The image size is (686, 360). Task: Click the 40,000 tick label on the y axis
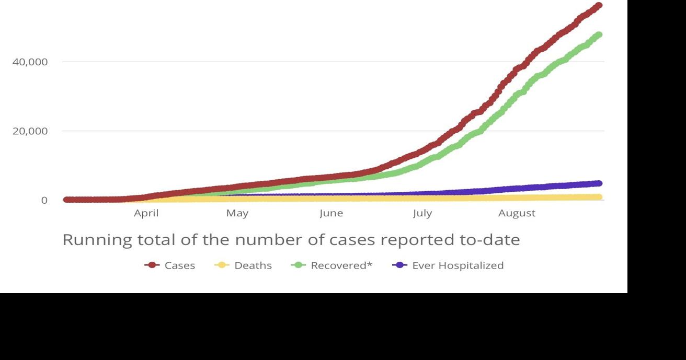click(30, 62)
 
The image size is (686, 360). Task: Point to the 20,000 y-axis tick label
click(30, 131)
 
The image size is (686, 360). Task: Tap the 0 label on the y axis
click(44, 201)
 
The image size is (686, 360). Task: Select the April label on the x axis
click(146, 213)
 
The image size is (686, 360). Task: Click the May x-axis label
click(237, 213)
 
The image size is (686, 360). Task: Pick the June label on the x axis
click(331, 213)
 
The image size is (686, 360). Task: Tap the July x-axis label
click(422, 213)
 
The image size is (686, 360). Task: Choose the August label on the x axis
click(517, 213)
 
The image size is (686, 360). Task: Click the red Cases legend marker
click(152, 265)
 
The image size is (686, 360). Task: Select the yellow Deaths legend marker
click(222, 265)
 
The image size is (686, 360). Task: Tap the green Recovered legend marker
click(299, 265)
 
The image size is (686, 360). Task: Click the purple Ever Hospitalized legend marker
click(400, 265)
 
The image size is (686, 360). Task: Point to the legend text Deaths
click(253, 265)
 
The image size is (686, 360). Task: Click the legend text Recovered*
click(341, 265)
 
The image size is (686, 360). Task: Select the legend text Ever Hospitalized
click(458, 265)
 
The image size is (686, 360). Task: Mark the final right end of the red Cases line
click(599, 6)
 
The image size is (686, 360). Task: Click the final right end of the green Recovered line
click(599, 35)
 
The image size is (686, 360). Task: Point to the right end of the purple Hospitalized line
click(599, 183)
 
